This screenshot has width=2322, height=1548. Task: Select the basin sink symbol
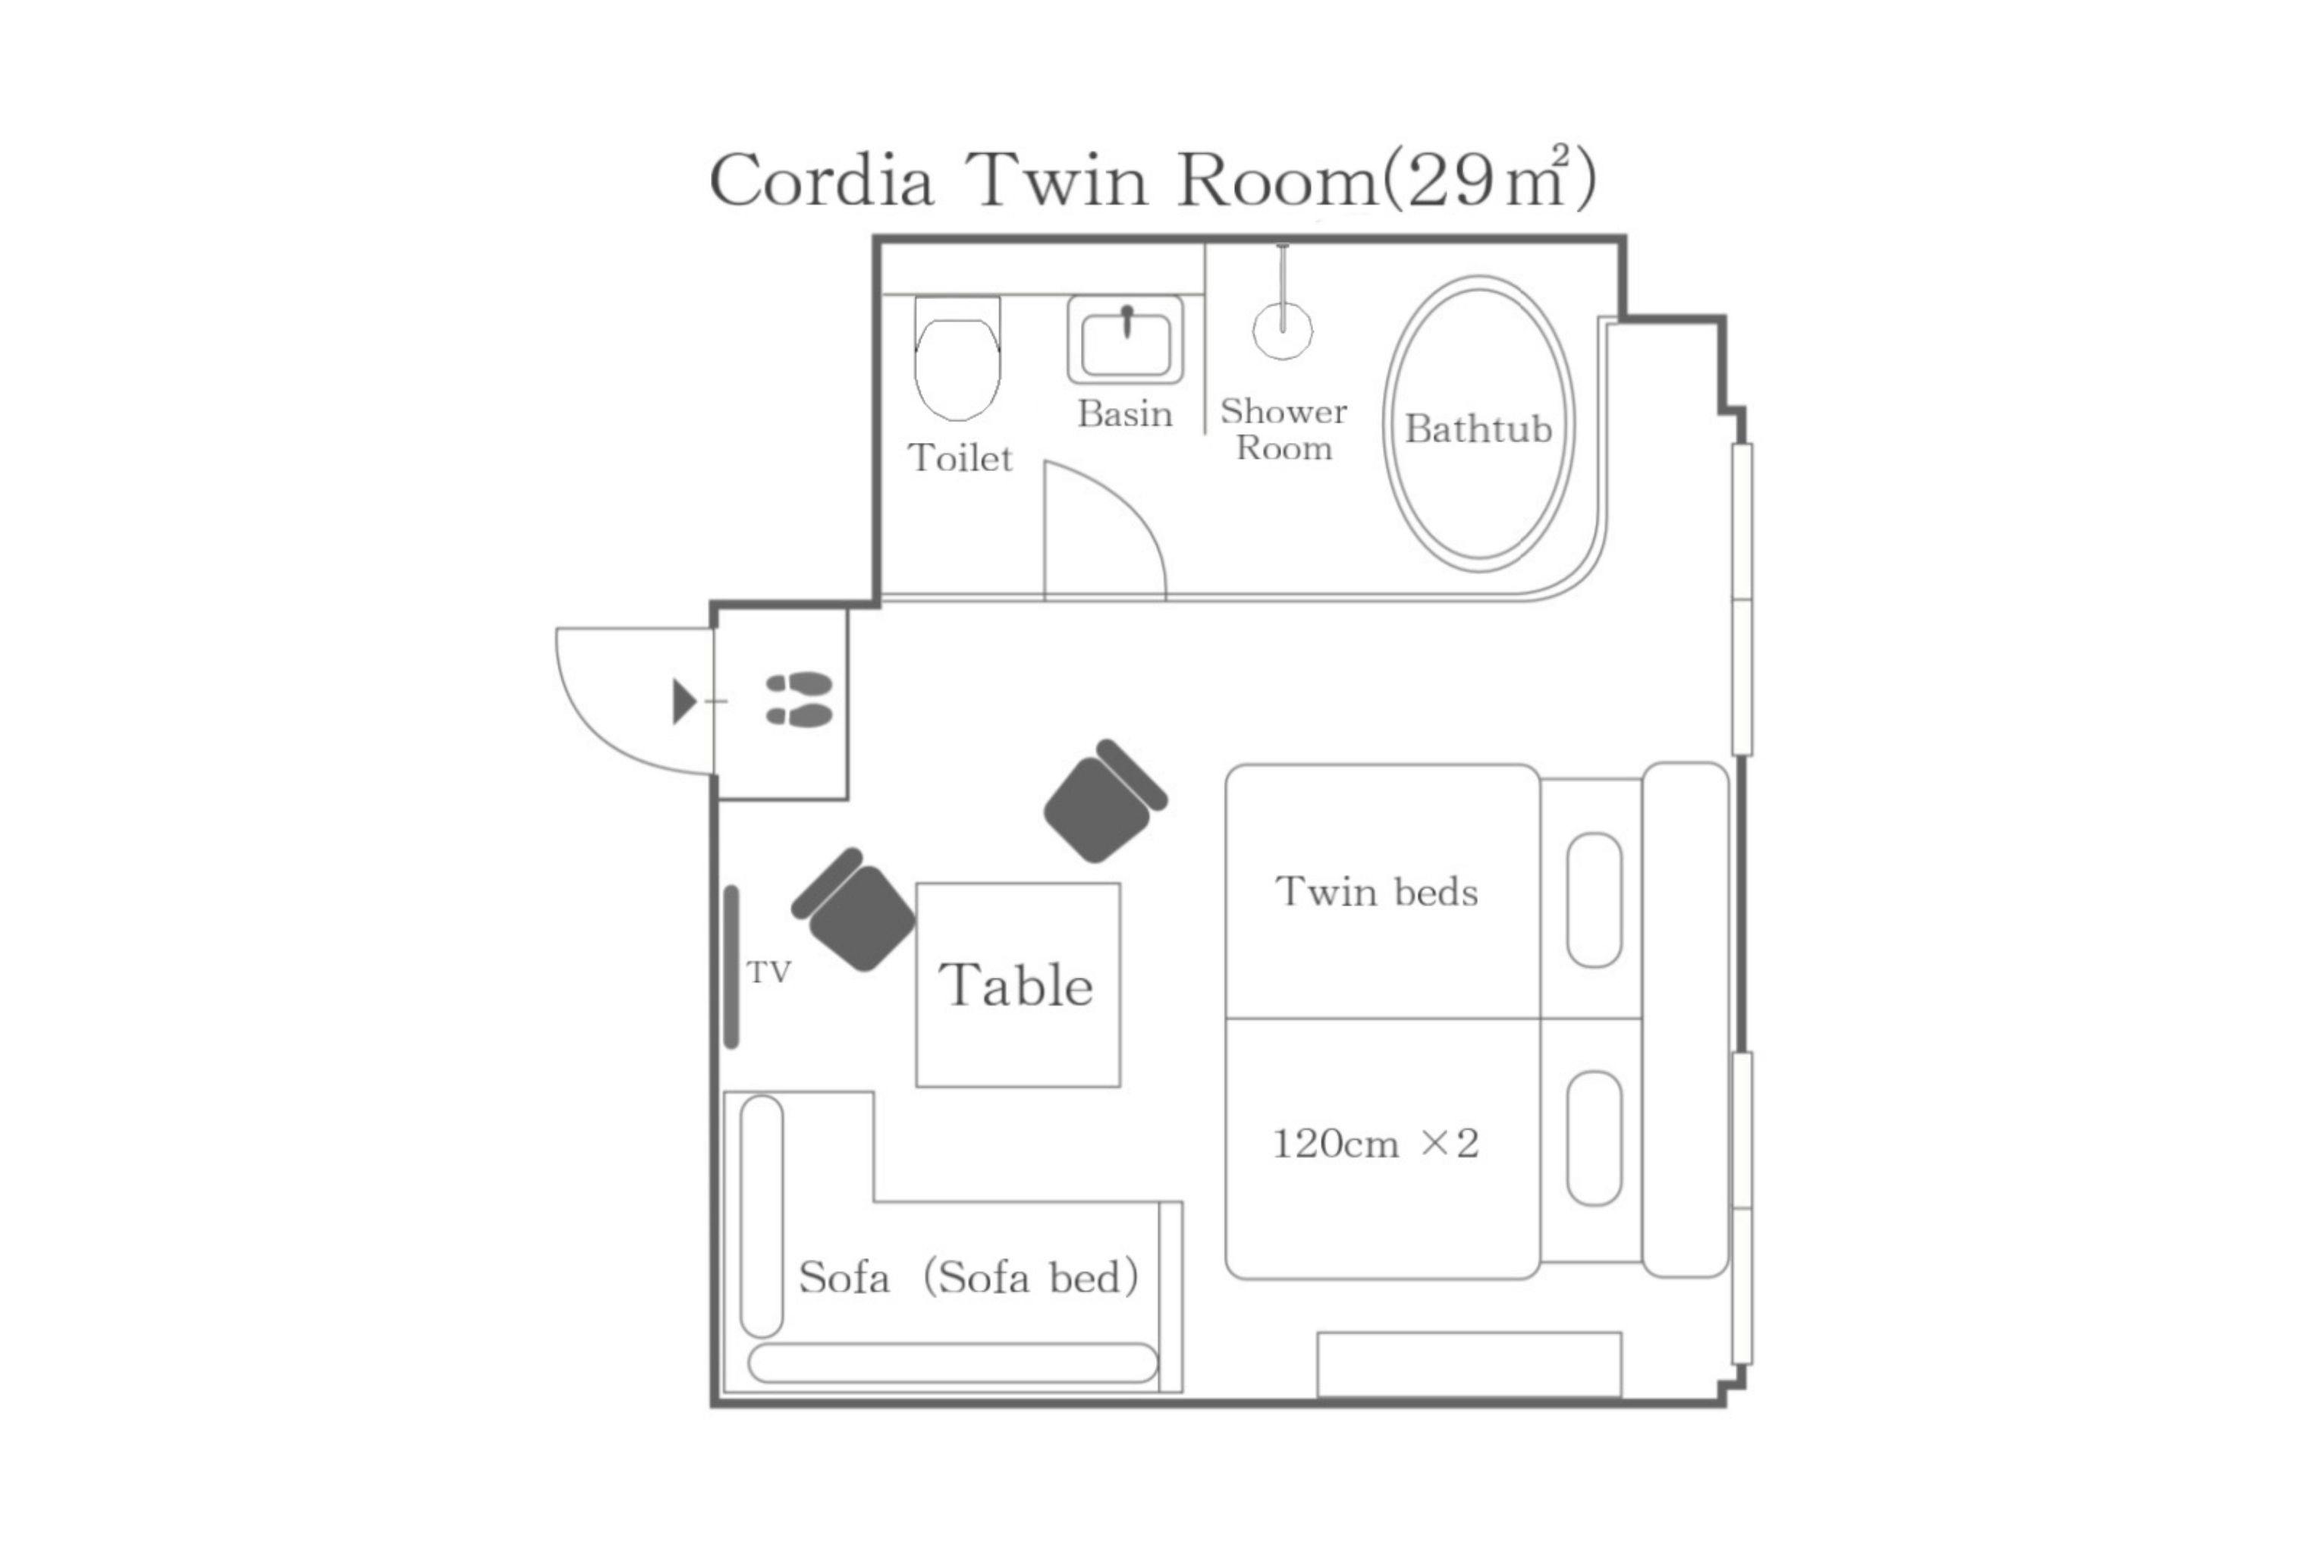pyautogui.click(x=1126, y=340)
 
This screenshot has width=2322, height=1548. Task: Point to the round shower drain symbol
pyautogui.click(x=1283, y=330)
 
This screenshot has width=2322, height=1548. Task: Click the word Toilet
pyautogui.click(x=960, y=458)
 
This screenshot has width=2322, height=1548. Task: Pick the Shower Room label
pyautogui.click(x=1284, y=429)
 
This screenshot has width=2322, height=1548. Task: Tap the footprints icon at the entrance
pyautogui.click(x=800, y=699)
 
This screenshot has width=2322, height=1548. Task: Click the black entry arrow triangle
pyautogui.click(x=684, y=701)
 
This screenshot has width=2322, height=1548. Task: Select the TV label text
pyautogui.click(x=769, y=972)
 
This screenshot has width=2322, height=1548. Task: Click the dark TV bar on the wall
pyautogui.click(x=731, y=966)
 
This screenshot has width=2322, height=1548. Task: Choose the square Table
pyautogui.click(x=1018, y=984)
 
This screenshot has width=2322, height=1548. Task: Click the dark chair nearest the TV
pyautogui.click(x=854, y=909)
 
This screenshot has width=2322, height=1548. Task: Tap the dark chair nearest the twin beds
pyautogui.click(x=1106, y=801)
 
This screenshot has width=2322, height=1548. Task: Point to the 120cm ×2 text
pyautogui.click(x=1375, y=1143)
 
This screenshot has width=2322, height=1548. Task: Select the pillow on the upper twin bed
pyautogui.click(x=1595, y=900)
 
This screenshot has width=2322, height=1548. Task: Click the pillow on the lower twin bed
pyautogui.click(x=1595, y=1138)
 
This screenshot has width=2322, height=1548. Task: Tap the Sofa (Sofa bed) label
pyautogui.click(x=969, y=1277)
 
